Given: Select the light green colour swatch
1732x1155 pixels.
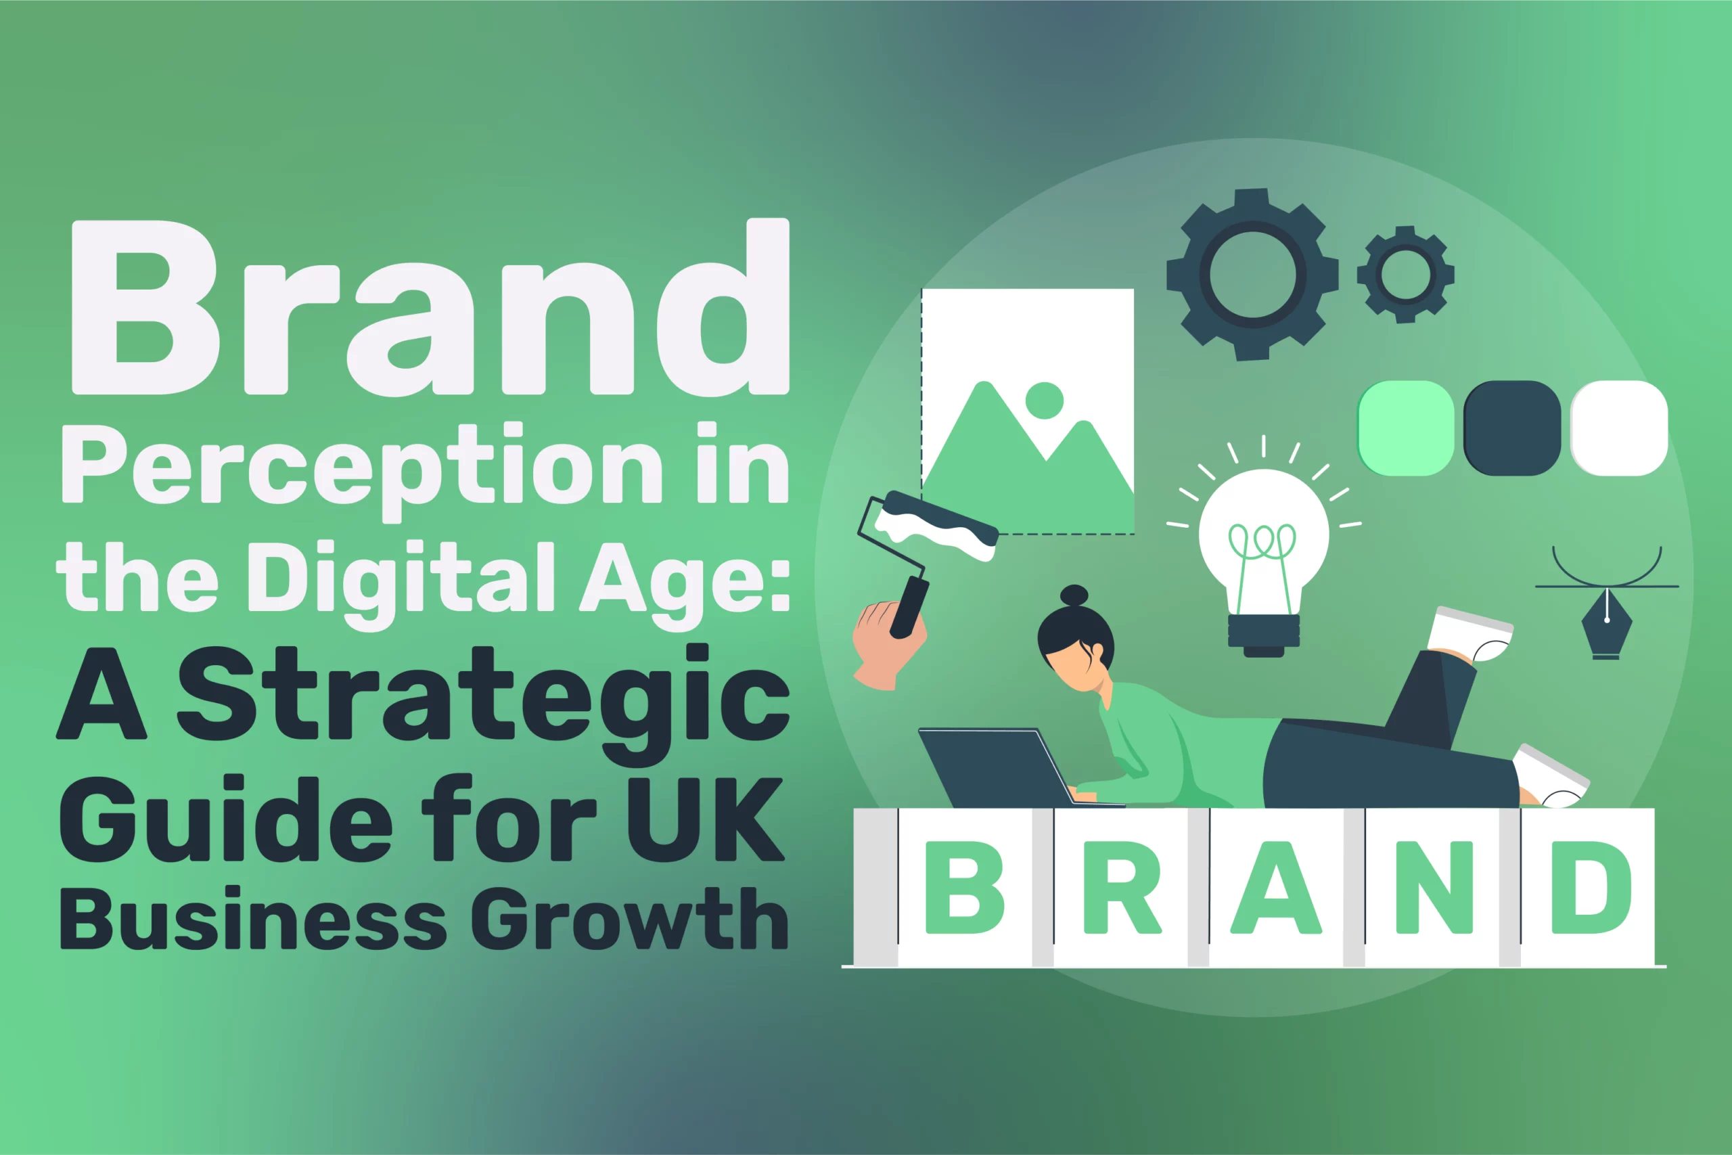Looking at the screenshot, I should (1405, 428).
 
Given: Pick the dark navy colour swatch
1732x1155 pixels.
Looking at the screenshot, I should (1512, 428).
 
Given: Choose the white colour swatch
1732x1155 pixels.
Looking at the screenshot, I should (1618, 428).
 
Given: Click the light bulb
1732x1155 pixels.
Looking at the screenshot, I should (1264, 545).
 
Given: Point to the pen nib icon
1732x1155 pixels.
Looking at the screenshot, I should (1607, 626).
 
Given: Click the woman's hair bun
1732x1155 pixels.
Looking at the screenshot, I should (1074, 595).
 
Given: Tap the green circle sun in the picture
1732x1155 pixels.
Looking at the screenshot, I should (1044, 401).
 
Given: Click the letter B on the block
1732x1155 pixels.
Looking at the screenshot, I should (964, 887).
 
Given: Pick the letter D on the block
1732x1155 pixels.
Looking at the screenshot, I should (1591, 887).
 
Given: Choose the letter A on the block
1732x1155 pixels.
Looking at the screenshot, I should (1276, 887).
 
